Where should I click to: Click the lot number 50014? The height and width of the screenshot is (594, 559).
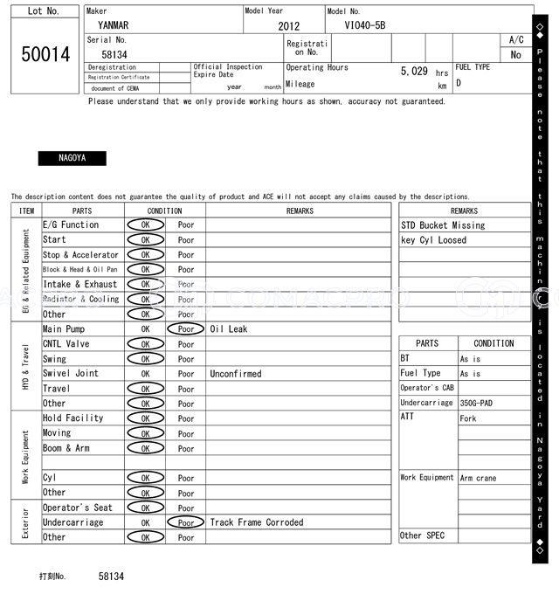pyautogui.click(x=45, y=55)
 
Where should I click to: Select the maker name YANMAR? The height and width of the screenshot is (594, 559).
pyautogui.click(x=113, y=25)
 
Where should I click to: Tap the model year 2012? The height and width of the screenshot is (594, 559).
pyautogui.click(x=288, y=26)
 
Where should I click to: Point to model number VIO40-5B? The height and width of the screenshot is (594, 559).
pyautogui.click(x=364, y=26)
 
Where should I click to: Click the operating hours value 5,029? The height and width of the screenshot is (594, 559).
pyautogui.click(x=413, y=72)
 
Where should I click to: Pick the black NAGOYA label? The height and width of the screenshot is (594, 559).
pyautogui.click(x=72, y=159)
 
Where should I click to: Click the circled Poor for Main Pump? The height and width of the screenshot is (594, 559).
pyautogui.click(x=186, y=329)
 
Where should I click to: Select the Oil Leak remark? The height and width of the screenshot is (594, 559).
pyautogui.click(x=229, y=329)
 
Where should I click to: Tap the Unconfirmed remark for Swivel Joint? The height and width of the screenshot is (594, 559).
pyautogui.click(x=235, y=374)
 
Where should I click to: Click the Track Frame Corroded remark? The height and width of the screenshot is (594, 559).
pyautogui.click(x=257, y=522)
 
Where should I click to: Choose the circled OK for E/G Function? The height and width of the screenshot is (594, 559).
pyautogui.click(x=145, y=225)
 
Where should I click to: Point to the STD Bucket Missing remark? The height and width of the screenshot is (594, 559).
pyautogui.click(x=443, y=225)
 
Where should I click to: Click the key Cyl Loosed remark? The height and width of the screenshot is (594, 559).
pyautogui.click(x=433, y=240)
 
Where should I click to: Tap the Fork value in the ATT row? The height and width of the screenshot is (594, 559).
pyautogui.click(x=468, y=418)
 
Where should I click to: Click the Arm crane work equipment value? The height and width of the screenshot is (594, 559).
pyautogui.click(x=479, y=478)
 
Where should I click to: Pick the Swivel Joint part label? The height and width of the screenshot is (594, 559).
pyautogui.click(x=71, y=374)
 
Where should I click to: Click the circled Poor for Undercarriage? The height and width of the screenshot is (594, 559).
pyautogui.click(x=186, y=522)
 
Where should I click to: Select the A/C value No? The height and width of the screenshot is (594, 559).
pyautogui.click(x=515, y=55)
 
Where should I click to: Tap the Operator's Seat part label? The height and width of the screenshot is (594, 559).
pyautogui.click(x=78, y=508)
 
